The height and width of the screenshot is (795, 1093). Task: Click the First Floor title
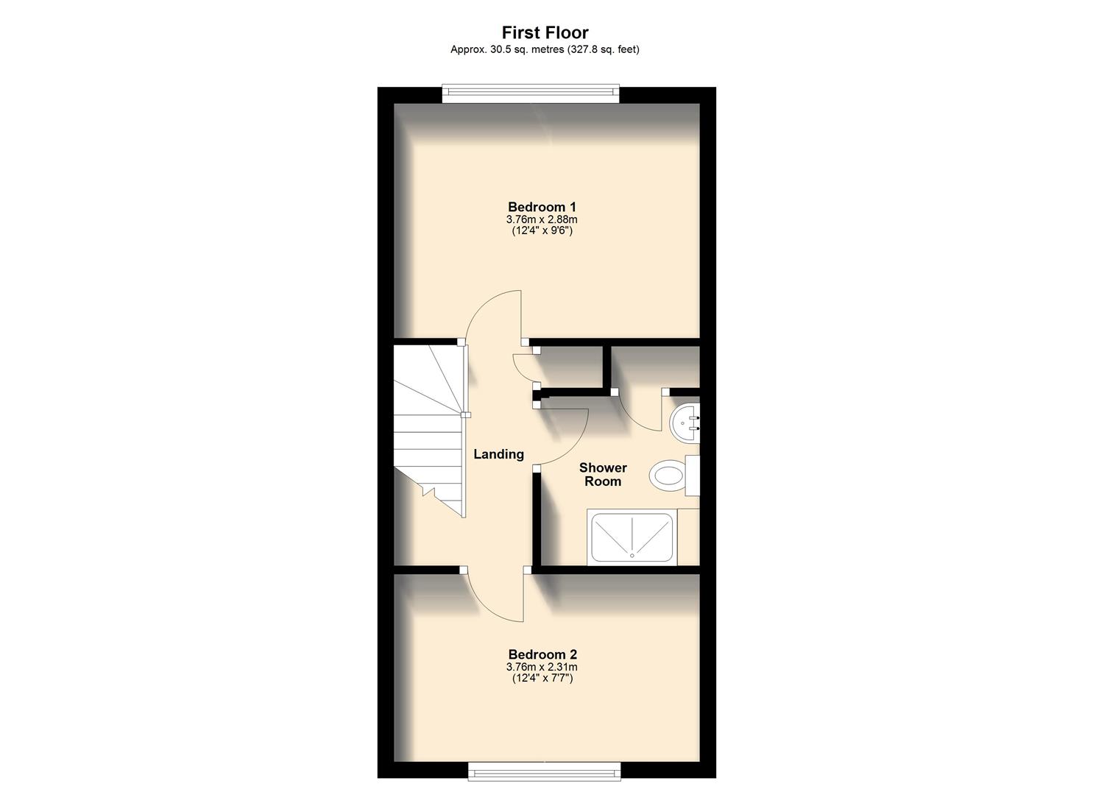tap(545, 32)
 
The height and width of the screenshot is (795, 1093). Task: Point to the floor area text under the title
tap(545, 50)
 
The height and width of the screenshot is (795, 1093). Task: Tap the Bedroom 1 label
tap(542, 207)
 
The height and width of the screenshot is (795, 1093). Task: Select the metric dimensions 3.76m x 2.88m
tap(542, 219)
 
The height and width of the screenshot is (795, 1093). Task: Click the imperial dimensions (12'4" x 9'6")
tap(542, 230)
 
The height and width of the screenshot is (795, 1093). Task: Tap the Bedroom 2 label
tap(542, 654)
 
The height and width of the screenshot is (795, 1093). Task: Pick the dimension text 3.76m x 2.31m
tap(542, 667)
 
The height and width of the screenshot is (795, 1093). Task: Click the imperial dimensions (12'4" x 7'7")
tap(542, 678)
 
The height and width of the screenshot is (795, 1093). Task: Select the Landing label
tap(498, 454)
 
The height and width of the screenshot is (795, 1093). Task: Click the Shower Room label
tap(603, 475)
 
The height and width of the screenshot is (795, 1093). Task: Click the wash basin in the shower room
tap(686, 423)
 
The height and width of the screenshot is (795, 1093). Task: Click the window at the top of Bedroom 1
tap(530, 93)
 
